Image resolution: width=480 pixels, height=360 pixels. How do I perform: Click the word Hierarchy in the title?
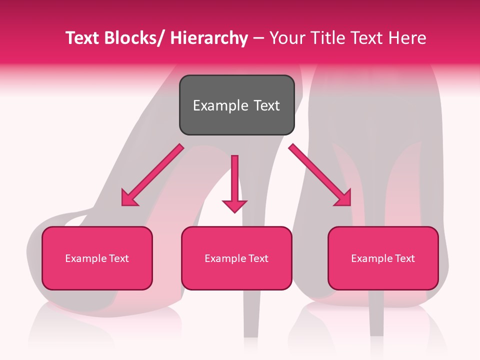208,38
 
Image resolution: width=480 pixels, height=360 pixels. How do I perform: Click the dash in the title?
258,39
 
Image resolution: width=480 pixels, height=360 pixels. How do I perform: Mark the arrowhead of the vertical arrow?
234,205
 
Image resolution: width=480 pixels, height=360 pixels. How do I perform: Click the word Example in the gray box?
220,105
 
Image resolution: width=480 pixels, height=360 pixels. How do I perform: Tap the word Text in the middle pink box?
258,258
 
